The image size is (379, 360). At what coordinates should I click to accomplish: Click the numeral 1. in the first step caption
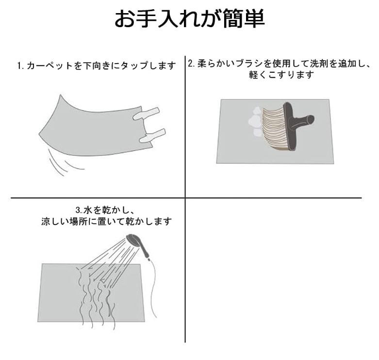[x=20, y=65]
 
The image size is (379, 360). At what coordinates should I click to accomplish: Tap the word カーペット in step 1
[x=49, y=65]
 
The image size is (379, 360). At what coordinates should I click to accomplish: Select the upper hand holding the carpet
[x=146, y=114]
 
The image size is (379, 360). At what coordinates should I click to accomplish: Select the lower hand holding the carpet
[x=152, y=135]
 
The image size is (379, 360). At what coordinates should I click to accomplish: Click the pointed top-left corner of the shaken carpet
[x=60, y=95]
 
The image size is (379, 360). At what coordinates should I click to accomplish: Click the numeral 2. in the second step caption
[x=191, y=64]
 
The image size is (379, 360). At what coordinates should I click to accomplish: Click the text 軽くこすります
[x=281, y=75]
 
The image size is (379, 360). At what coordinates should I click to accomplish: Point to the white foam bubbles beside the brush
[x=255, y=121]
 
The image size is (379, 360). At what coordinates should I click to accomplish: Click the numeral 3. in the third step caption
[x=79, y=210]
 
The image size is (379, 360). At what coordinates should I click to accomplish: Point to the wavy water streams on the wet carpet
[x=96, y=300]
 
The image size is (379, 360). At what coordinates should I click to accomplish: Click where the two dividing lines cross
[x=185, y=198]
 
